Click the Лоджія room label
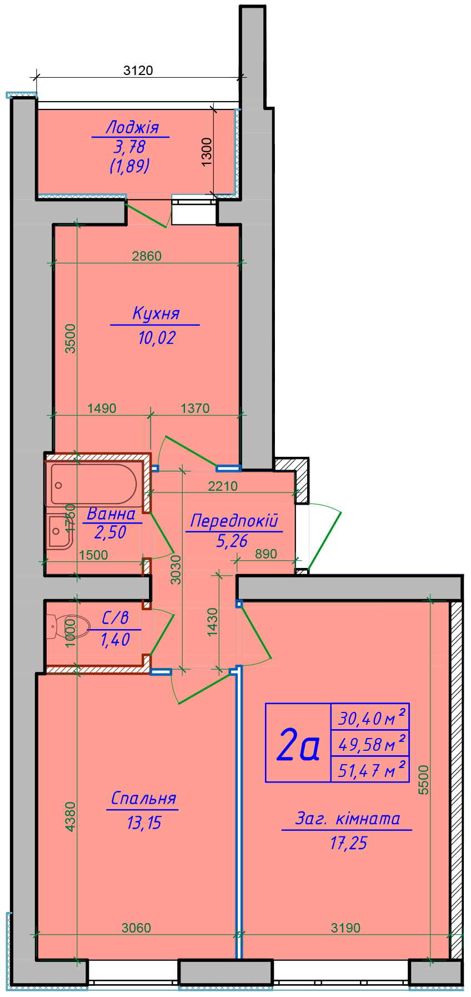[x=132, y=127]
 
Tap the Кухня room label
[x=156, y=313]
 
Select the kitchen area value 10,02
[x=157, y=337]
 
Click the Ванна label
[x=111, y=514]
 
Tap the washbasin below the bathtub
[x=58, y=532]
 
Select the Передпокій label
[x=233, y=521]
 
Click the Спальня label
[x=143, y=799]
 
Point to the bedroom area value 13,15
[x=144, y=822]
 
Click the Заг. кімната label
[x=348, y=819]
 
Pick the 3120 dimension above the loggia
[x=138, y=70]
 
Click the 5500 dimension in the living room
[x=424, y=780]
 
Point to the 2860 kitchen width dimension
[x=147, y=256]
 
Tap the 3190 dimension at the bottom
[x=345, y=928]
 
